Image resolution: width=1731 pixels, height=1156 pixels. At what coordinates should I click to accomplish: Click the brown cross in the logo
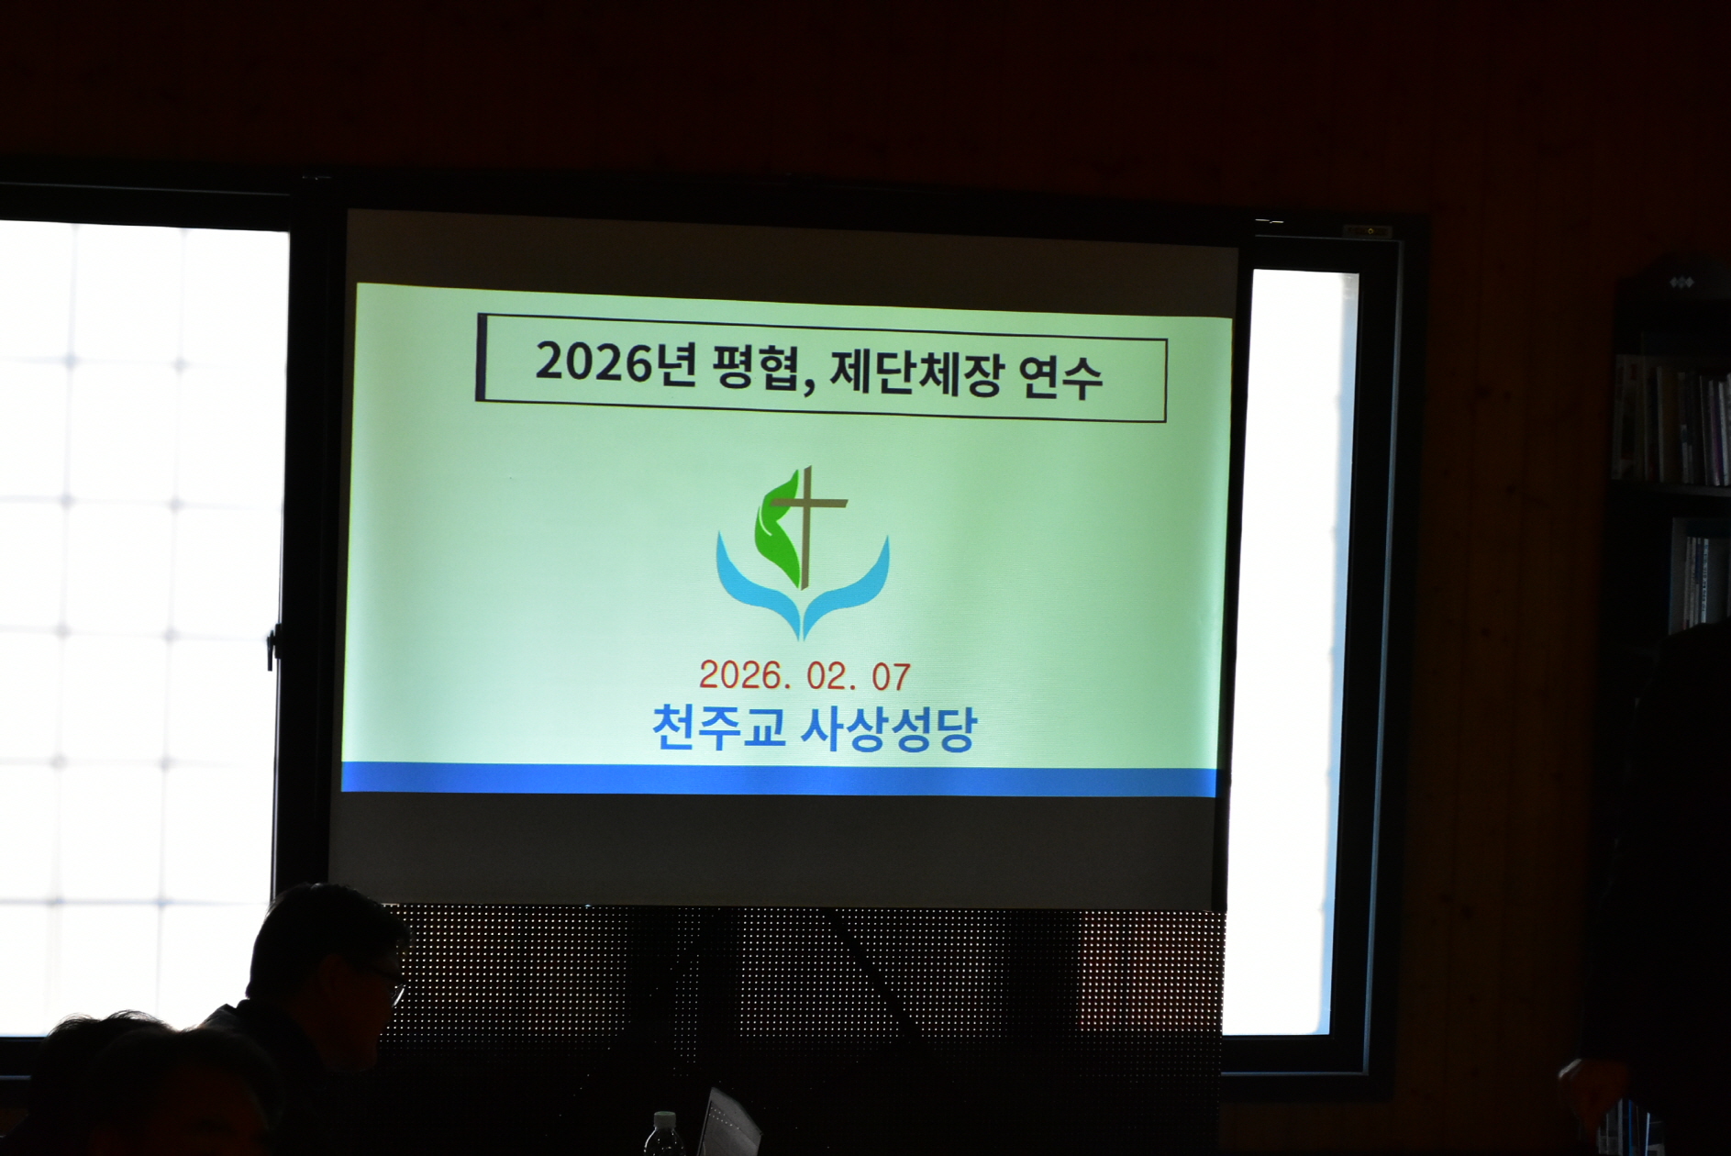coord(806,523)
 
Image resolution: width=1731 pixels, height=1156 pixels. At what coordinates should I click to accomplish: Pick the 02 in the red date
coord(828,677)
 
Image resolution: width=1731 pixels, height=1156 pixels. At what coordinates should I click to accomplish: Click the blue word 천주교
coord(718,728)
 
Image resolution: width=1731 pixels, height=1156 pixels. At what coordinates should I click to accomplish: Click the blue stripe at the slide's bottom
coord(780,780)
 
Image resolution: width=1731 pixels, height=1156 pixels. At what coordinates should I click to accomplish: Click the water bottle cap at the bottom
coord(664,1118)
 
